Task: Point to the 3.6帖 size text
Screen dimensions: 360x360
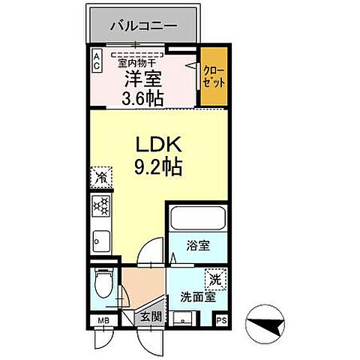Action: coord(142,97)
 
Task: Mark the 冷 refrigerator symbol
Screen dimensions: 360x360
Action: coord(100,178)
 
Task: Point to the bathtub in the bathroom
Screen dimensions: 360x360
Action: coord(197,219)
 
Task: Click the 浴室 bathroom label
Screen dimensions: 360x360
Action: coord(196,244)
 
